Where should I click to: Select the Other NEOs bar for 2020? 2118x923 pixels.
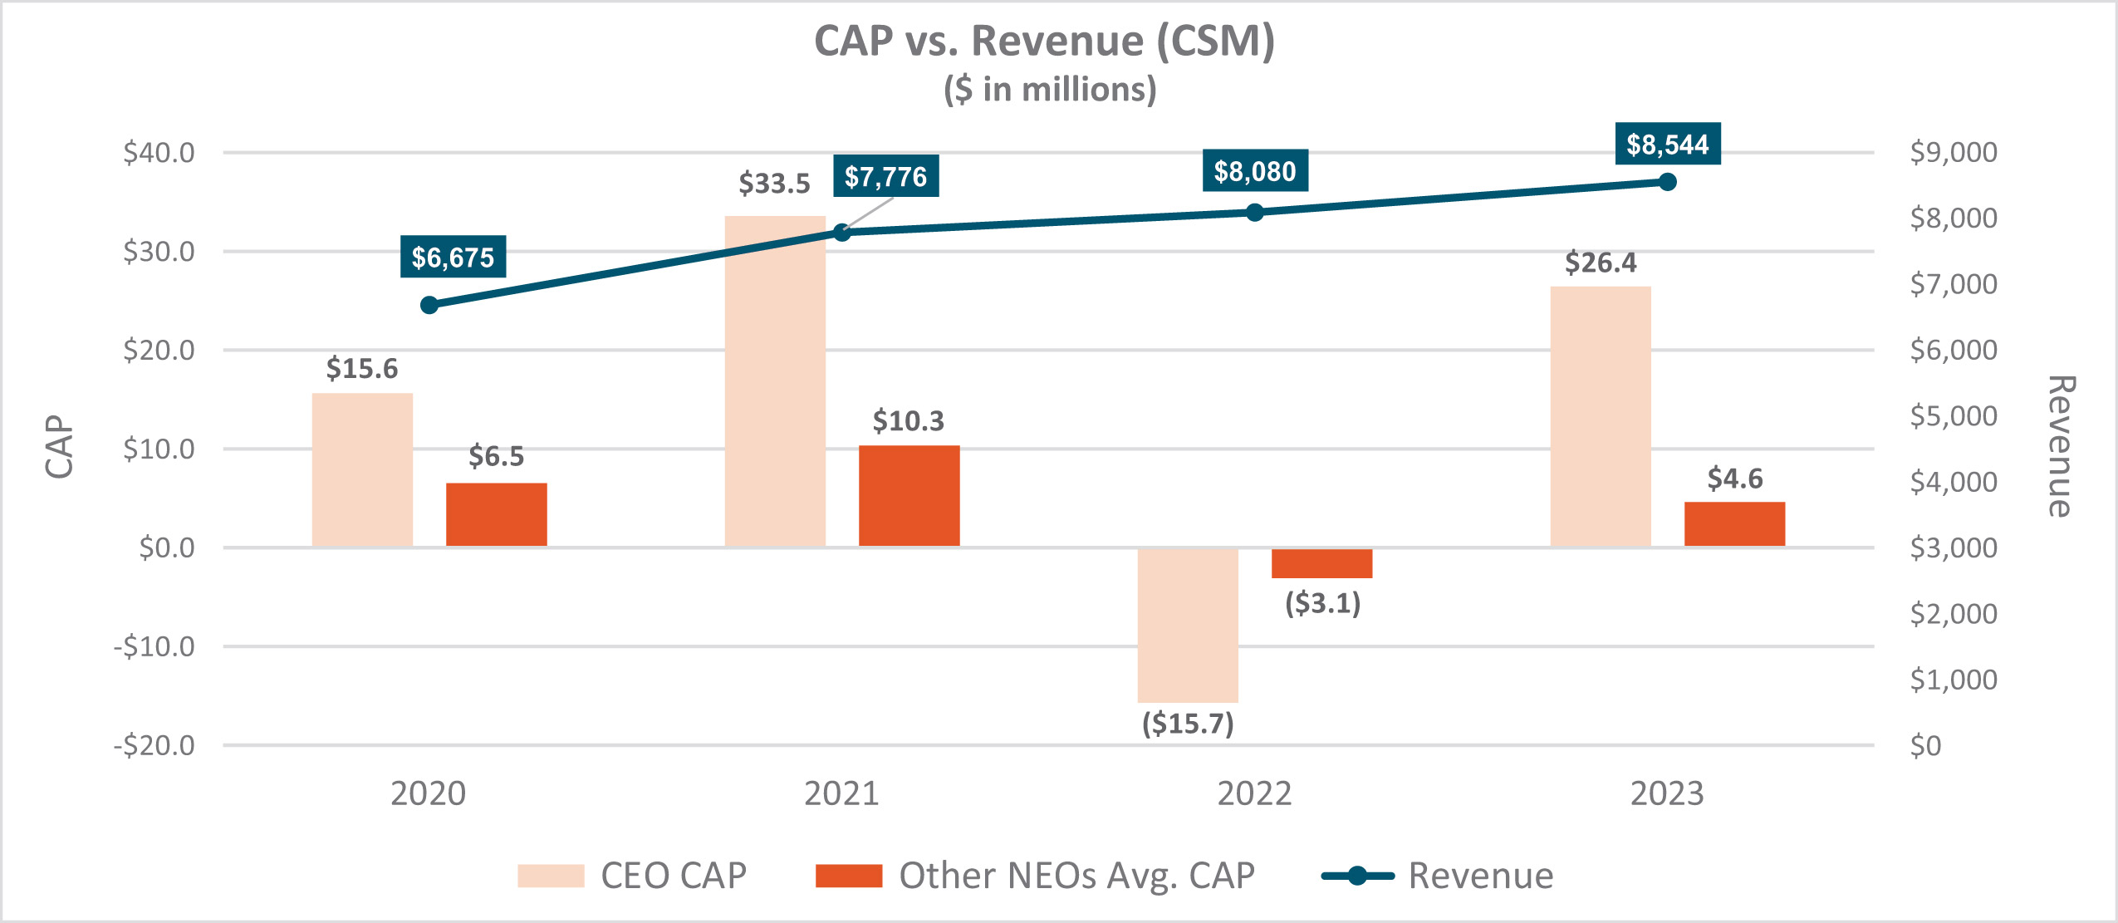pyautogui.click(x=496, y=514)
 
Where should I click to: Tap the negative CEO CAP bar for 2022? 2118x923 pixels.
pyautogui.click(x=1187, y=625)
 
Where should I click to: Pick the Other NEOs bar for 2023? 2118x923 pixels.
pyautogui.click(x=1734, y=524)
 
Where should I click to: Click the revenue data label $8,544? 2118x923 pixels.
pyautogui.click(x=1667, y=145)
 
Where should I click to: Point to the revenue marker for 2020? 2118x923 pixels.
pyautogui.click(x=429, y=305)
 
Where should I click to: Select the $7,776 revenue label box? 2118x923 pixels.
pyautogui.click(x=885, y=176)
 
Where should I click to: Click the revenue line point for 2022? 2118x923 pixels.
pyautogui.click(x=1254, y=213)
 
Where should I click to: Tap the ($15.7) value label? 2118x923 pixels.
pyautogui.click(x=1188, y=724)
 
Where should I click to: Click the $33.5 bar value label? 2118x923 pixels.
pyautogui.click(x=774, y=183)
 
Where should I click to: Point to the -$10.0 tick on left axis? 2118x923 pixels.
pyautogui.click(x=154, y=646)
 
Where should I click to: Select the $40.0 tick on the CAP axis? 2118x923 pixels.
pyautogui.click(x=159, y=153)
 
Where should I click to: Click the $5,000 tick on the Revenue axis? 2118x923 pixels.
pyautogui.click(x=1954, y=415)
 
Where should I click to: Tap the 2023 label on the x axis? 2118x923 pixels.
pyautogui.click(x=1666, y=793)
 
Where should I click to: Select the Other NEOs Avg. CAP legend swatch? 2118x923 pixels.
pyautogui.click(x=848, y=876)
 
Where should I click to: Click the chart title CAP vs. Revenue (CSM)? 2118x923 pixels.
pyautogui.click(x=1044, y=41)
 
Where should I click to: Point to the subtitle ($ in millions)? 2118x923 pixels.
pyautogui.click(x=1050, y=90)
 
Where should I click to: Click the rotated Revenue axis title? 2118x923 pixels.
pyautogui.click(x=2061, y=447)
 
